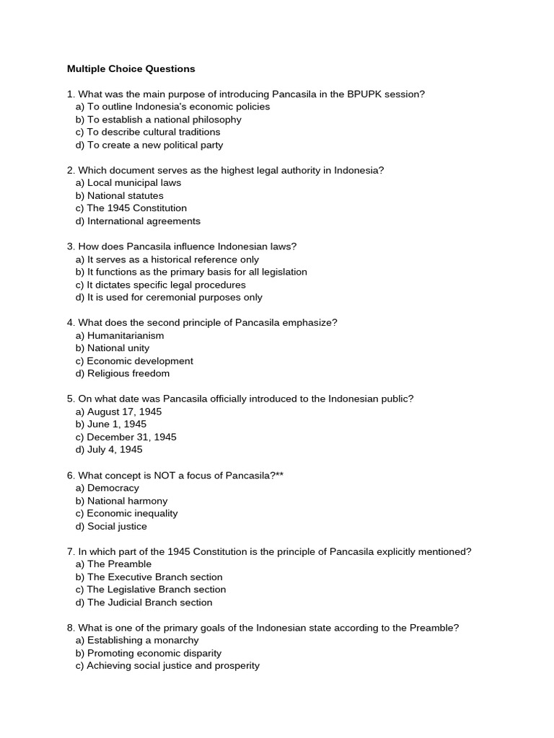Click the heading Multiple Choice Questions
131,69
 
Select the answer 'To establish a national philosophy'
164,120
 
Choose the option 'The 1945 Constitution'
136,208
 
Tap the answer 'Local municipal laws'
134,183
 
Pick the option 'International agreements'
144,221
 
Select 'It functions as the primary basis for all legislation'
197,272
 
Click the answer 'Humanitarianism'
126,335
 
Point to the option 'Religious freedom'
128,373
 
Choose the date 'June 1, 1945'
117,424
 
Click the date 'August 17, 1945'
124,412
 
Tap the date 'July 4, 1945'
115,450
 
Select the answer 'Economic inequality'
132,513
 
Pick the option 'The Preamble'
119,564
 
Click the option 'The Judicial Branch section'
149,603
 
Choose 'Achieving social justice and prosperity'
172,666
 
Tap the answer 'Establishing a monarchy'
143,640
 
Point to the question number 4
71,323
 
